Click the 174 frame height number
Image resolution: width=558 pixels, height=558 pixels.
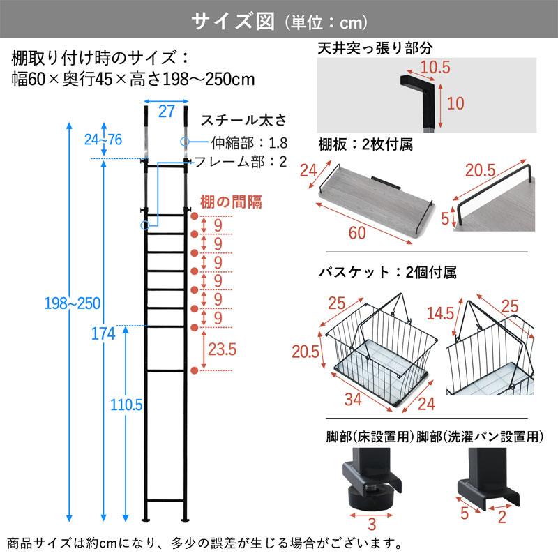pyautogui.click(x=103, y=333)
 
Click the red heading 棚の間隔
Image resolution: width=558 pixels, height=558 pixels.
pyautogui.click(x=231, y=203)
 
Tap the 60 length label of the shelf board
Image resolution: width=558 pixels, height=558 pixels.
pyautogui.click(x=356, y=233)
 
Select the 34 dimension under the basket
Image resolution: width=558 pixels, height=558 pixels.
pyautogui.click(x=355, y=401)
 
